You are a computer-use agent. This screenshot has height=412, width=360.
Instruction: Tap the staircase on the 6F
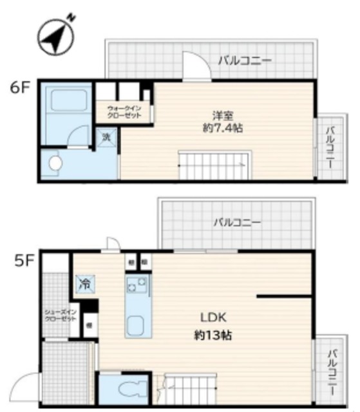pyautogui.click(x=213, y=165)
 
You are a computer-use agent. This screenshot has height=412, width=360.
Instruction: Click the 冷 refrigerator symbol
pyautogui.click(x=84, y=283)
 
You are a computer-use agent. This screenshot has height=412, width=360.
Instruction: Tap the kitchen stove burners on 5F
pyautogui.click(x=137, y=284)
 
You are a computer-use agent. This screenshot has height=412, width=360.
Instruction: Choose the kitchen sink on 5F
pyautogui.click(x=136, y=325)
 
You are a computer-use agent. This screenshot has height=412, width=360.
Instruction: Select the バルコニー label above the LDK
pyautogui.click(x=237, y=223)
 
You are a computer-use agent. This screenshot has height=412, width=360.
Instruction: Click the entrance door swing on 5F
pyautogui.click(x=26, y=389)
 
